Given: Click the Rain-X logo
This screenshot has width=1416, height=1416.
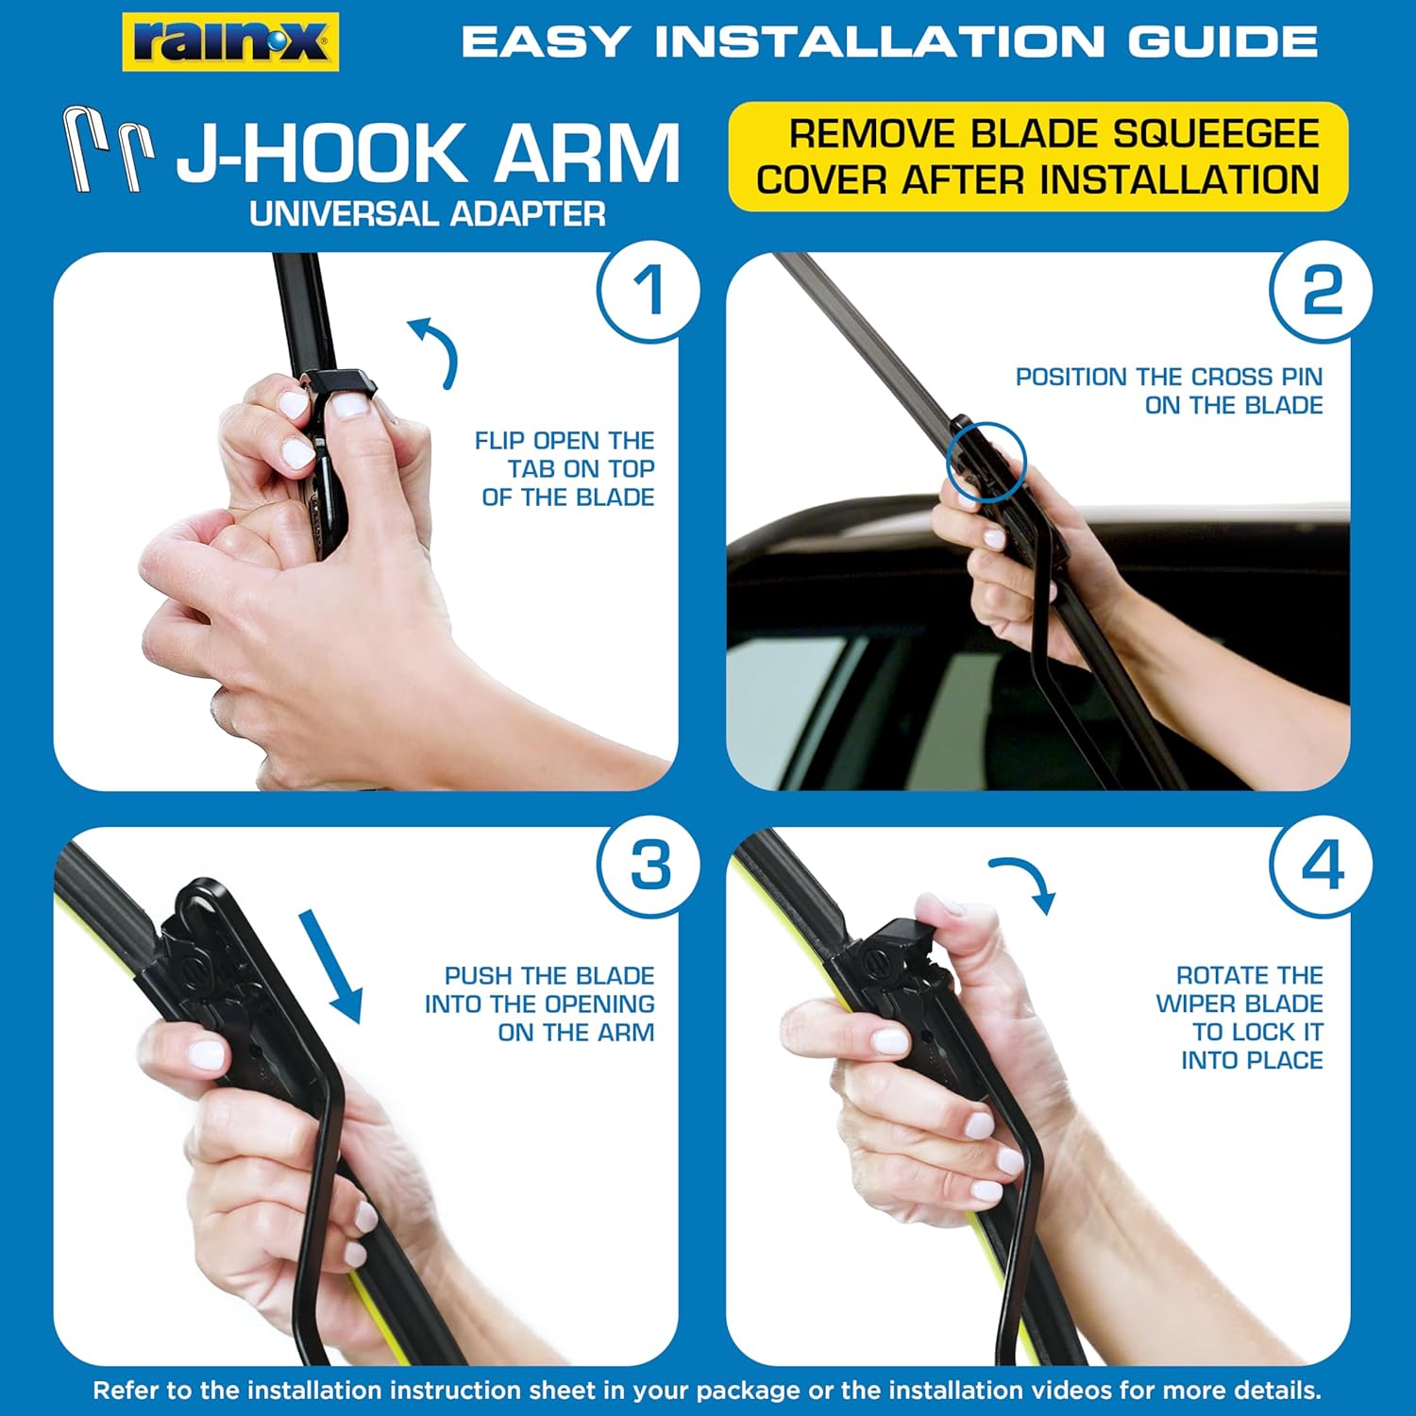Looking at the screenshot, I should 230,42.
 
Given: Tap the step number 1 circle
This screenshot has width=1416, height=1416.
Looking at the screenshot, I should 649,290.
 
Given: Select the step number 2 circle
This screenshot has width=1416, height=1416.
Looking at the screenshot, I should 1322,290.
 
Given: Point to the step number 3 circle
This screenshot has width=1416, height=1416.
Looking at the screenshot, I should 649,865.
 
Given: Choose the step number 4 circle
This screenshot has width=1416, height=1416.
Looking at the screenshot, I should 1322,865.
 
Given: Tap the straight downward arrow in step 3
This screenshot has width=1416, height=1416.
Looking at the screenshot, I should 330,966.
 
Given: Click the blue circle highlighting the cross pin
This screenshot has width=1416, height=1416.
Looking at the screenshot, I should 986,462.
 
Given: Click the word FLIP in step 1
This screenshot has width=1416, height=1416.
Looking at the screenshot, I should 500,441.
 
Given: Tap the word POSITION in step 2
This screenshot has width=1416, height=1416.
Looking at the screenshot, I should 1072,377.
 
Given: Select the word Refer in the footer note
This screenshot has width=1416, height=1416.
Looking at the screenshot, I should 124,1391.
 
